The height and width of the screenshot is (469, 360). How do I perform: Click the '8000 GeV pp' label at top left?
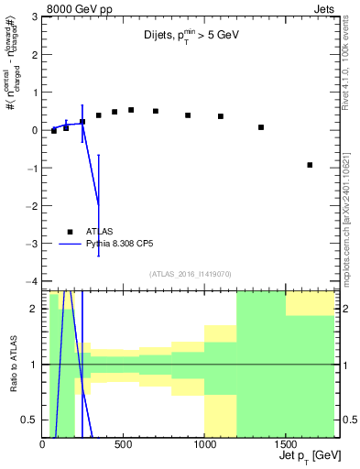[x=68, y=8]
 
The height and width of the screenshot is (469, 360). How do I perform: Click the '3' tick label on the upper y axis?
[x=33, y=17]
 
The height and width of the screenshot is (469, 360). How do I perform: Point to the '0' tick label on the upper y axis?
[x=33, y=130]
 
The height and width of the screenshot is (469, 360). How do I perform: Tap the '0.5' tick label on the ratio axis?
[x=28, y=420]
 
